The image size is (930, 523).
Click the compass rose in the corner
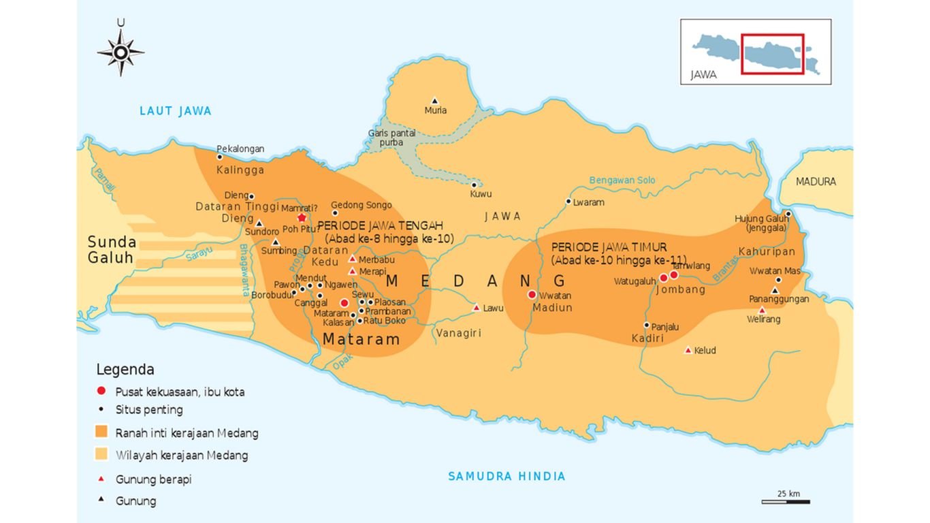[121, 52]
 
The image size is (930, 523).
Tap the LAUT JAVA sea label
[175, 111]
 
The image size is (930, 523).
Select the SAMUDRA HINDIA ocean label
[507, 477]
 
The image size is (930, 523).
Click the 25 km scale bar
[785, 502]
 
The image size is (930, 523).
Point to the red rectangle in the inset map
[773, 54]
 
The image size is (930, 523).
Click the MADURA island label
[816, 182]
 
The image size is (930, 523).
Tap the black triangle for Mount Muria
[435, 101]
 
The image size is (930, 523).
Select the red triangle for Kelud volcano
[688, 351]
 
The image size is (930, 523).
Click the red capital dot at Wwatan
[532, 295]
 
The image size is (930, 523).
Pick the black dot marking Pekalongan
[219, 157]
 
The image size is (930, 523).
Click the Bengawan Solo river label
[622, 180]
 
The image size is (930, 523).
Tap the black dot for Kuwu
[475, 185]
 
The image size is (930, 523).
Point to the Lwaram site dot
[568, 202]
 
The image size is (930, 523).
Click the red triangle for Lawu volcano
[477, 308]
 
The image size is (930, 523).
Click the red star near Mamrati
[302, 217]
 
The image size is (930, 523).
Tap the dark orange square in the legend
[101, 432]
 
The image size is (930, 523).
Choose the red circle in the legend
[101, 391]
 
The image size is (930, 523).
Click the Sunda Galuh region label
[112, 250]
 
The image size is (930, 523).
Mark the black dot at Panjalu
[647, 326]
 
